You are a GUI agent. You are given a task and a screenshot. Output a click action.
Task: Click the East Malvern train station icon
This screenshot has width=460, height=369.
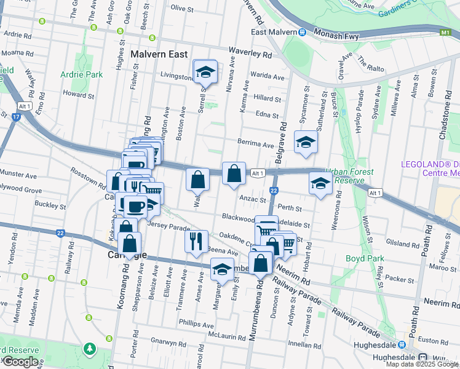(x=302, y=33)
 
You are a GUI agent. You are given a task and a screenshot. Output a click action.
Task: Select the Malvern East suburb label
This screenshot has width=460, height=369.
(x=159, y=54)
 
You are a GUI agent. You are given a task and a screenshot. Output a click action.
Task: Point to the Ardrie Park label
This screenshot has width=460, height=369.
(x=81, y=74)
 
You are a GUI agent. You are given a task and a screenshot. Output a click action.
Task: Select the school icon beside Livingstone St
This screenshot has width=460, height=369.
(x=205, y=73)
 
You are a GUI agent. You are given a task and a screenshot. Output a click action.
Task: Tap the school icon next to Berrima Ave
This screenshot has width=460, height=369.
(x=306, y=143)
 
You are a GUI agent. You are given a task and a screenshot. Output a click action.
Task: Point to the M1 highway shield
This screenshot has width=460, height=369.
(x=445, y=31)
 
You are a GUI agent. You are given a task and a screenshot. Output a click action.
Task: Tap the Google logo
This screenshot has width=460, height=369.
(x=21, y=362)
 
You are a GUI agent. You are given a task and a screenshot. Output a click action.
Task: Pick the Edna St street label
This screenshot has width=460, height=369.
(x=267, y=115)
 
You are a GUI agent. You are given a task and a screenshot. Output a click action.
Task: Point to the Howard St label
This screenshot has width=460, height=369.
(x=78, y=95)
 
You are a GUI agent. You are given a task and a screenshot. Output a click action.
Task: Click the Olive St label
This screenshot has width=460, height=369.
(x=182, y=8)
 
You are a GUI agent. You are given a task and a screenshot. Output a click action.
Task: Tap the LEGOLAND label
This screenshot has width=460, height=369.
(x=430, y=164)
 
